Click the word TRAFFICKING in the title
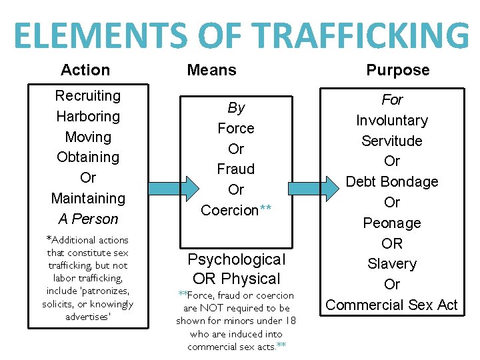357,36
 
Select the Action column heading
85,70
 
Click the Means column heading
211,70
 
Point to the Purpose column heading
398,70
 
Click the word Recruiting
87,95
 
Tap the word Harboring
87,116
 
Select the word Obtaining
87,157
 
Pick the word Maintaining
87,199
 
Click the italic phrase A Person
87,219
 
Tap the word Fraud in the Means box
236,169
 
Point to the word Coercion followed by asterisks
230,210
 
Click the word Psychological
236,259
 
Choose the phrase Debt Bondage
392,182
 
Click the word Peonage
392,223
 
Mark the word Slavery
392,264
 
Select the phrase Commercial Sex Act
392,305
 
